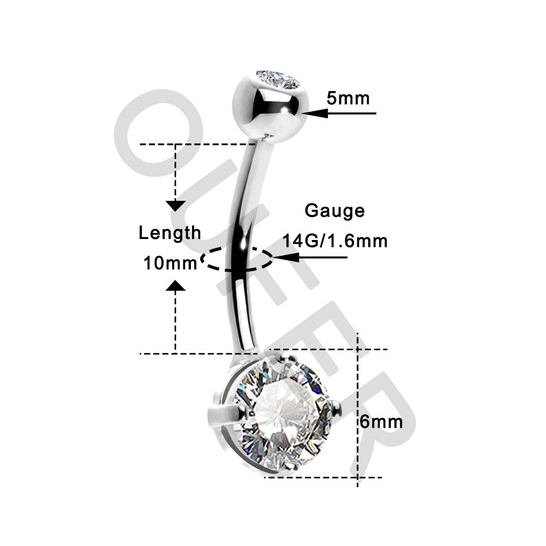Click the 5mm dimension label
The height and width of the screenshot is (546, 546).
[348, 98]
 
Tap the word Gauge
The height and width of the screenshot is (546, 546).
[334, 211]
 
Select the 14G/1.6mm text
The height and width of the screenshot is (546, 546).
[334, 241]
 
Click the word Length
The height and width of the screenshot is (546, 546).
[170, 233]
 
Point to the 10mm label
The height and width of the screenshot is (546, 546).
[170, 263]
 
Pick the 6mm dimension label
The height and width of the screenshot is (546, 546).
[381, 422]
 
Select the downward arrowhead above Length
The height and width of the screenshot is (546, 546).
[175, 206]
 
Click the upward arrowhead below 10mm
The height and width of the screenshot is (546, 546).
[175, 285]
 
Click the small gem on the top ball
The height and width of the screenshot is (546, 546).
[278, 80]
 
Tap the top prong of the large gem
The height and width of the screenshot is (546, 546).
[285, 359]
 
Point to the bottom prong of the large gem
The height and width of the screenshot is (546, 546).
[291, 466]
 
